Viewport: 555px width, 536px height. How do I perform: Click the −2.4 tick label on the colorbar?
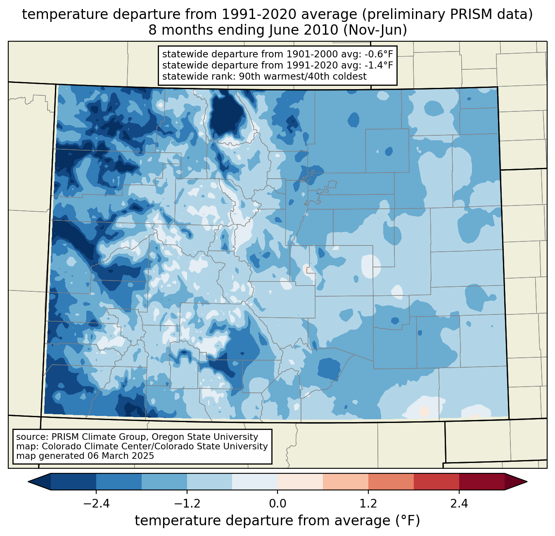pos(96,504)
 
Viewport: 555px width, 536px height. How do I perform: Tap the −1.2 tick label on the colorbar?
pos(187,504)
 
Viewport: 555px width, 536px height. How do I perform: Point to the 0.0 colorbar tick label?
pos(277,504)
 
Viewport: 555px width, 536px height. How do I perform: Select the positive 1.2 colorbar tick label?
pos(368,504)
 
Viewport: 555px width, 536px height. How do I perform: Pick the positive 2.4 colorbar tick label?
pos(459,504)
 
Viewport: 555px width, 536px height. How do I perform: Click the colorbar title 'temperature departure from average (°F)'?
pos(277,521)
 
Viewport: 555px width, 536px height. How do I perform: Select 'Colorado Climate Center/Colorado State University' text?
pos(155,446)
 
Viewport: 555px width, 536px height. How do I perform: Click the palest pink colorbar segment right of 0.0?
pos(300,482)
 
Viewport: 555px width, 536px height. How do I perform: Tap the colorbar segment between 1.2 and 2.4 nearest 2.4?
pos(436,482)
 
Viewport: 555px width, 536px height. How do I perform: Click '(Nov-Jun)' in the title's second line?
pos(376,30)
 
